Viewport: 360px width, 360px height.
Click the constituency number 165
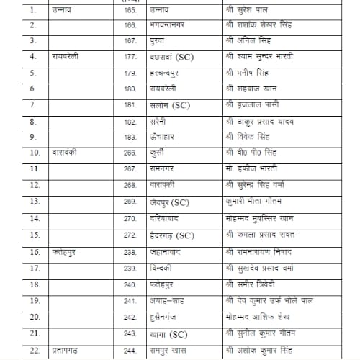(130, 10)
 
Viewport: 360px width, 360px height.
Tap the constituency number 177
(130, 56)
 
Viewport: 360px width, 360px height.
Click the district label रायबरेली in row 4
(68, 56)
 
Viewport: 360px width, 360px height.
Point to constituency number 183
(130, 136)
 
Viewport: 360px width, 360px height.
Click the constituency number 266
(130, 153)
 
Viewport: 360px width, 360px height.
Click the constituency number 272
(130, 235)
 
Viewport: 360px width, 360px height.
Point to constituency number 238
(130, 252)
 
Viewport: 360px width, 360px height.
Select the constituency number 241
(130, 300)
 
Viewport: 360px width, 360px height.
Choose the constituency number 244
(130, 351)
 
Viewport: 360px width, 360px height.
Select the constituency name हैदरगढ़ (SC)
(170, 235)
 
